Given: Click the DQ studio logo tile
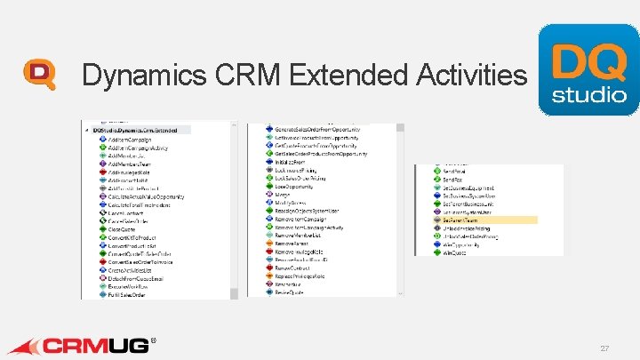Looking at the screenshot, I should (x=588, y=69).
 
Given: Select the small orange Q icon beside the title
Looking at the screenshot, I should (x=39, y=75).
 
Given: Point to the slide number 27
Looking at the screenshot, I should (x=604, y=348).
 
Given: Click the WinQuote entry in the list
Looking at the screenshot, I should (x=453, y=252).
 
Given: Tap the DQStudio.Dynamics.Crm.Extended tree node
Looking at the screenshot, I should (x=141, y=131).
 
